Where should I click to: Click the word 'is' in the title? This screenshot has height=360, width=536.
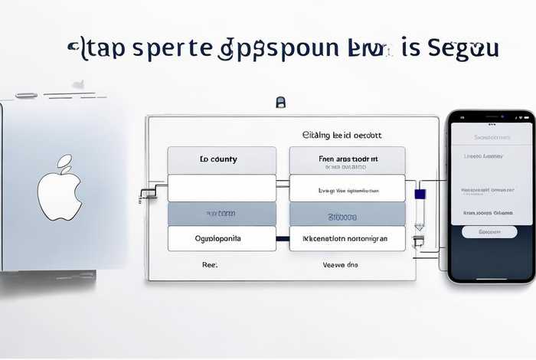coord(411,48)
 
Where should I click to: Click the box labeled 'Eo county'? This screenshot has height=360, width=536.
coord(221,159)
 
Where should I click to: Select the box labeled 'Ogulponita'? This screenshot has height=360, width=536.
coord(221,238)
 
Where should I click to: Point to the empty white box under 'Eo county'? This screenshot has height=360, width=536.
coord(221,188)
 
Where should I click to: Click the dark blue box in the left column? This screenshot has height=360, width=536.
coord(221,214)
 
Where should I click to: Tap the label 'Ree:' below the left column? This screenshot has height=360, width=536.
coord(209,263)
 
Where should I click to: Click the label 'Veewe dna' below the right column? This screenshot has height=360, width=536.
coord(340,264)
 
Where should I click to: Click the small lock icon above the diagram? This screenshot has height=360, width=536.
coord(280,102)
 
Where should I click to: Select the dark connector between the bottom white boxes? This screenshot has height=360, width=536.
coord(283,238)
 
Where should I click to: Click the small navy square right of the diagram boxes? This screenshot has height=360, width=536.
coord(419,194)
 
